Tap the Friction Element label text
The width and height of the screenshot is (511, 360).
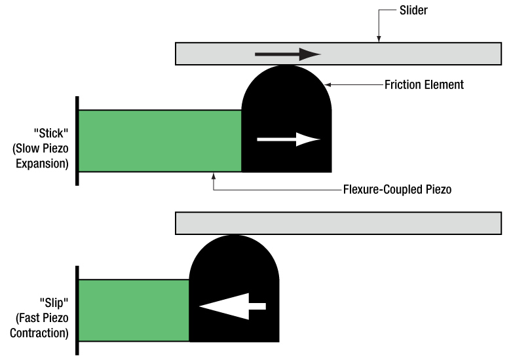tap(424, 84)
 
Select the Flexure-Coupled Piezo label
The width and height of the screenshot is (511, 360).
tap(398, 190)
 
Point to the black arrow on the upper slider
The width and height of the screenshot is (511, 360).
tap(287, 54)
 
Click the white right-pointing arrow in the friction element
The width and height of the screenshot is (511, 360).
tap(288, 139)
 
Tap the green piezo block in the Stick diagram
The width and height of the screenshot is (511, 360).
tap(159, 141)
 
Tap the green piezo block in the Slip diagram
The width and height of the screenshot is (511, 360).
tap(134, 310)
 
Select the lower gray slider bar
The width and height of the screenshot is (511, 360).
tap(338, 223)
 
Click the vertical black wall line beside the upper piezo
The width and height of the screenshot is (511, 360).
tap(77, 140)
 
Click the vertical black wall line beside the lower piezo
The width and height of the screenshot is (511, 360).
tap(77, 310)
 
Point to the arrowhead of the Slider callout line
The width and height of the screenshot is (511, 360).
tap(378, 40)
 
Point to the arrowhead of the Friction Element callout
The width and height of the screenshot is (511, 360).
tap(328, 84)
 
